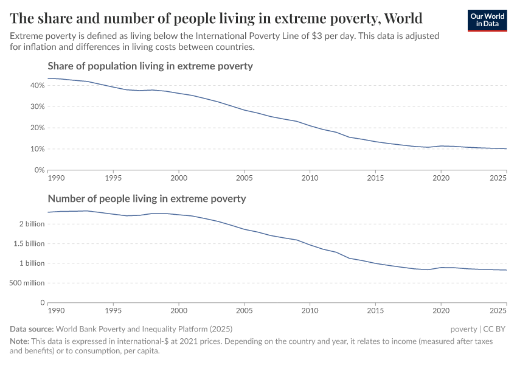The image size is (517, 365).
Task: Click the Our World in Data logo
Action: pyautogui.click(x=487, y=20)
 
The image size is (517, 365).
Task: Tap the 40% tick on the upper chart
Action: pyautogui.click(x=36, y=85)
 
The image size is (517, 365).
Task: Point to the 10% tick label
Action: pyautogui.click(x=36, y=149)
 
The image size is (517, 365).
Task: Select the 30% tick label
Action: pyautogui.click(x=36, y=106)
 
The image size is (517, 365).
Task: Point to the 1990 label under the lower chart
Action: pyautogui.click(x=56, y=310)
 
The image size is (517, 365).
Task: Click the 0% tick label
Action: pyautogui.click(x=39, y=170)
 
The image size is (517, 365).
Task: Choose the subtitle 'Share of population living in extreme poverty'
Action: pyautogui.click(x=150, y=66)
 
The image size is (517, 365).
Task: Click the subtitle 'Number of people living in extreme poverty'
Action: pyautogui.click(x=147, y=198)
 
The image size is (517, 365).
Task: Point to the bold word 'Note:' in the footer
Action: pyautogui.click(x=20, y=341)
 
